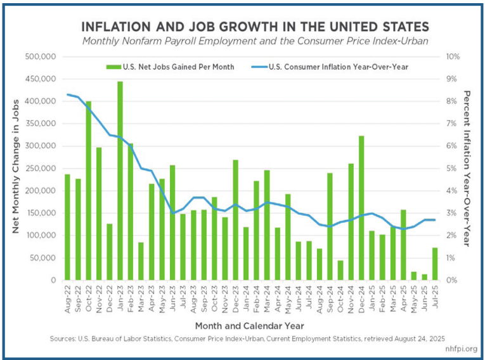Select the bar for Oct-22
(x=88, y=190)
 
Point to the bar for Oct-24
(x=340, y=270)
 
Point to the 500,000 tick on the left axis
(x=41, y=56)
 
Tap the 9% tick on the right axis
(x=453, y=79)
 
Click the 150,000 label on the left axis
(x=41, y=213)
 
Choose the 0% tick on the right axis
(x=453, y=280)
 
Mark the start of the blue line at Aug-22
(x=67, y=94)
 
